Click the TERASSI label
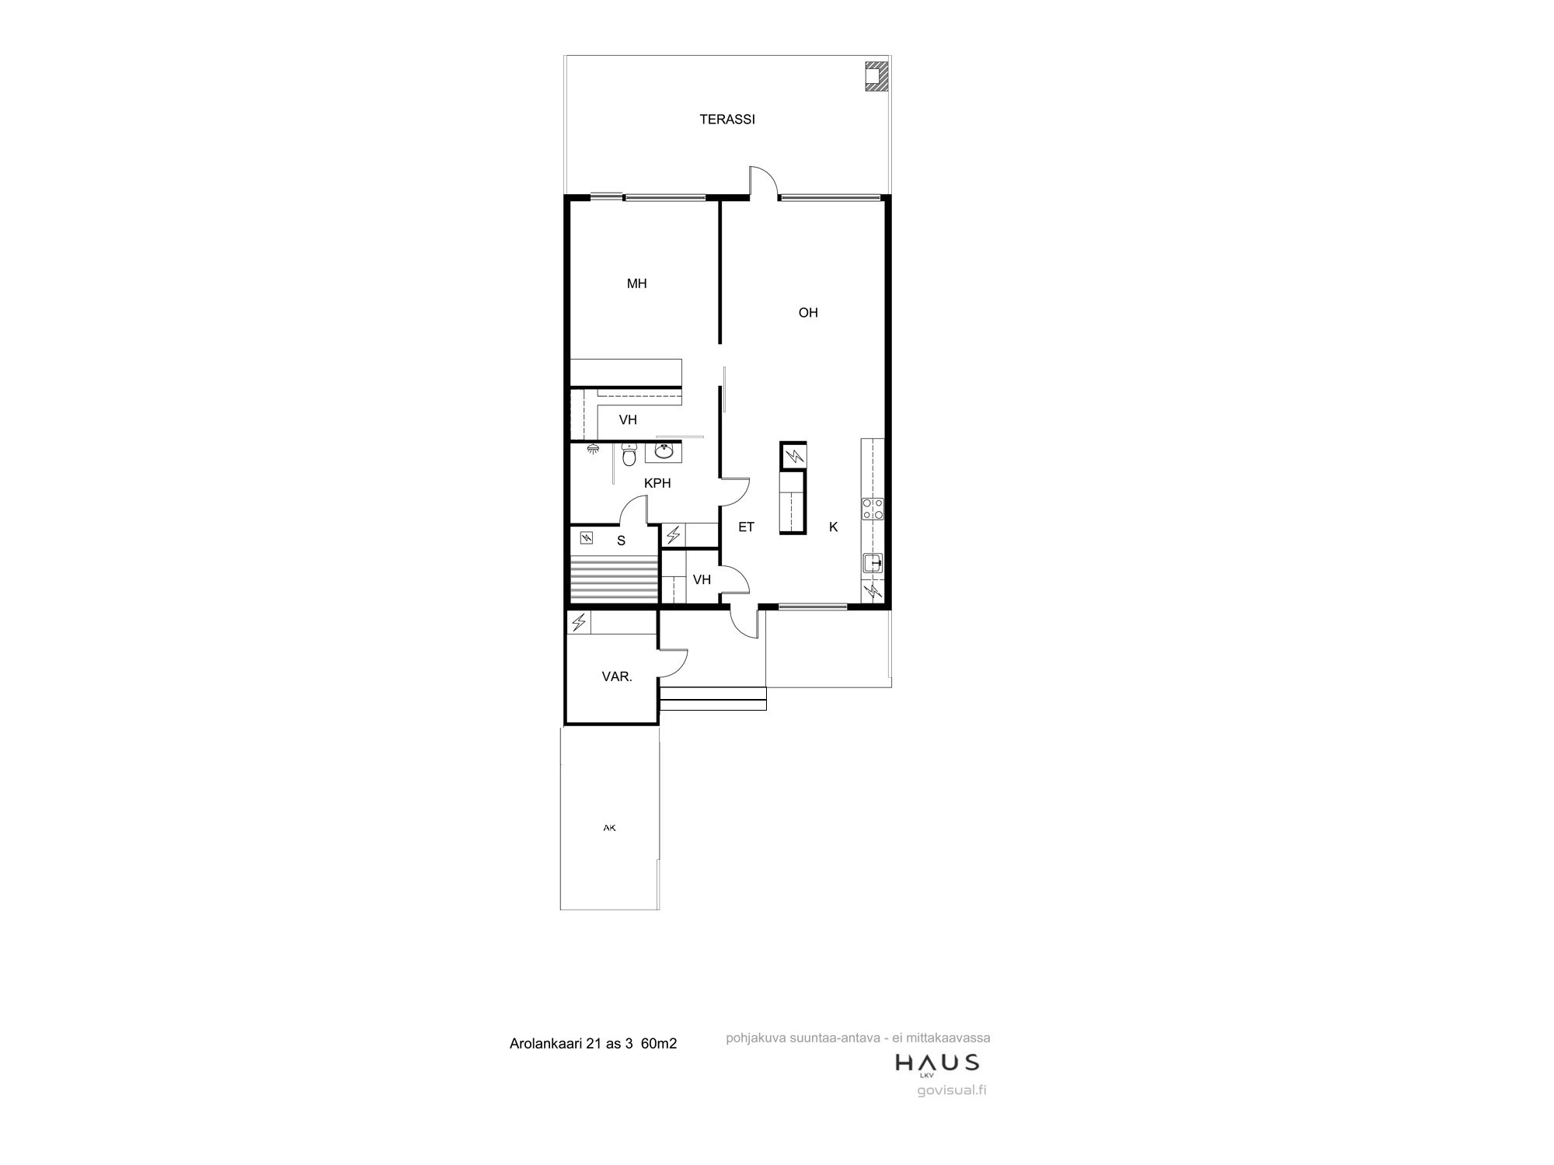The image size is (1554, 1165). pos(727,120)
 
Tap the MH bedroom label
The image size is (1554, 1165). pos(637,283)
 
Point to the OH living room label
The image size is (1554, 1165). pos(808,312)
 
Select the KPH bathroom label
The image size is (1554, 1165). pos(657,483)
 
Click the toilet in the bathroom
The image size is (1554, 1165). pos(629,454)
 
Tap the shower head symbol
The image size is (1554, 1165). pos(593,448)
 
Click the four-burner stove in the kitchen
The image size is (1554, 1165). pos(873,508)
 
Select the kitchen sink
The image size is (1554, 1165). pos(873,563)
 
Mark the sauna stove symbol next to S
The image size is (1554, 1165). pos(585,536)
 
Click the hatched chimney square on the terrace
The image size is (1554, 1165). pos(876,76)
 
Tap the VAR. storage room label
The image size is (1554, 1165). pos(617,676)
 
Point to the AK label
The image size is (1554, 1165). pos(609,828)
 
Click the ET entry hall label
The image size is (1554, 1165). pos(746,527)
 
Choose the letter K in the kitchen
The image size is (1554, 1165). pos(833,527)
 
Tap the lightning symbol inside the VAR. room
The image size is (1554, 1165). pos(579,622)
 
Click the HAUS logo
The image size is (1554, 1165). pos(937,1063)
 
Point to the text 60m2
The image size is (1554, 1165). pos(659,1043)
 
